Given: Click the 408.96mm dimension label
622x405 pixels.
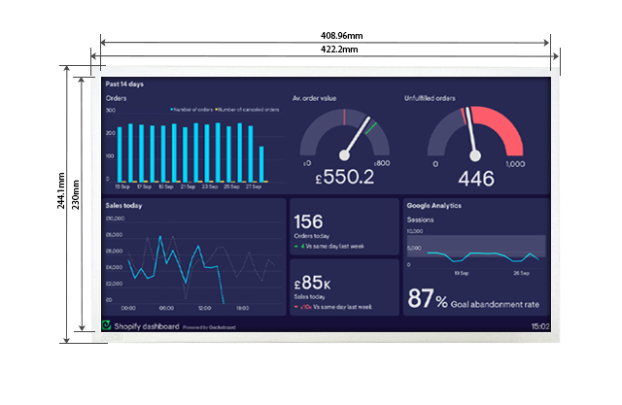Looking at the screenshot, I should tap(325, 35).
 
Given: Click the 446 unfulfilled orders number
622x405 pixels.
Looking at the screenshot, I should tap(475, 178).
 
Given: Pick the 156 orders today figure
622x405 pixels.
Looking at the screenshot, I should tap(308, 222).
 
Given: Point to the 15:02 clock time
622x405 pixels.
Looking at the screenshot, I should tap(540, 326).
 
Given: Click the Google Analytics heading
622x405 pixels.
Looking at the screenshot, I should tap(434, 206).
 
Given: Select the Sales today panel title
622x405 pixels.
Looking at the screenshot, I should tap(124, 206).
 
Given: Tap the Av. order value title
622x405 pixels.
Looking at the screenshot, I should tap(314, 98).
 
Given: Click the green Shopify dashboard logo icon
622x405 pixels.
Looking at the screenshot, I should tap(107, 325).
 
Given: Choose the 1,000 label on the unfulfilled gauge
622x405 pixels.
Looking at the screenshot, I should tap(515, 164).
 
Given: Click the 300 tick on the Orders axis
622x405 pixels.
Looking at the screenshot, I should tap(110, 110).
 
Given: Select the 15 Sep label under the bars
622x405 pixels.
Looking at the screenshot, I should tap(122, 186).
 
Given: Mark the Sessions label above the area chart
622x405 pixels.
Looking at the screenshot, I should tap(421, 219).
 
